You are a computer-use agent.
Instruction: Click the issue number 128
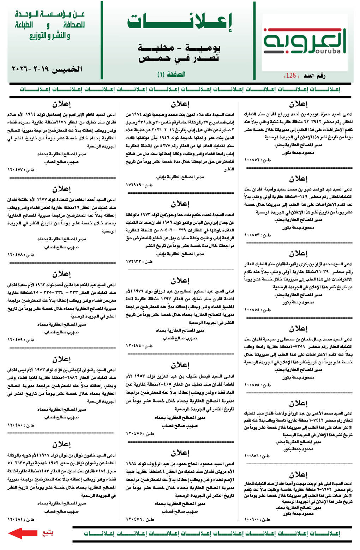[x=291, y=75]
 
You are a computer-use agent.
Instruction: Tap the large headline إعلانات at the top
[x=180, y=22]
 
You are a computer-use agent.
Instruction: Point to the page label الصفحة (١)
[x=171, y=74]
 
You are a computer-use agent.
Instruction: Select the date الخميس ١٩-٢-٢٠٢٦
[x=47, y=69]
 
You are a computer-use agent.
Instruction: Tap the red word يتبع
[x=48, y=532]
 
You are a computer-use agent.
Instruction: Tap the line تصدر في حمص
[x=180, y=59]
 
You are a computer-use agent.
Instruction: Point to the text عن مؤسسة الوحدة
[x=50, y=14]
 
